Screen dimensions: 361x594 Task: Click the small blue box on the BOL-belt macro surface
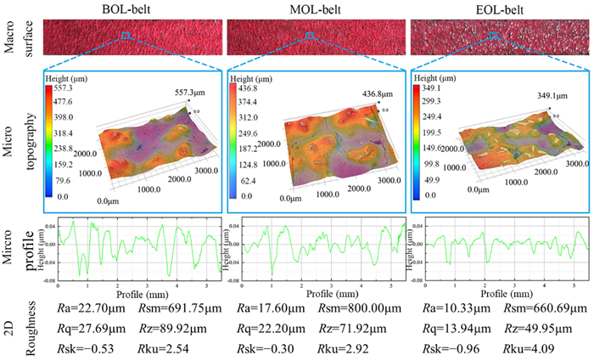pyautogui.click(x=126, y=35)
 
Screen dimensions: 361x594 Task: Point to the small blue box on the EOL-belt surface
pyautogui.click(x=493, y=36)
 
